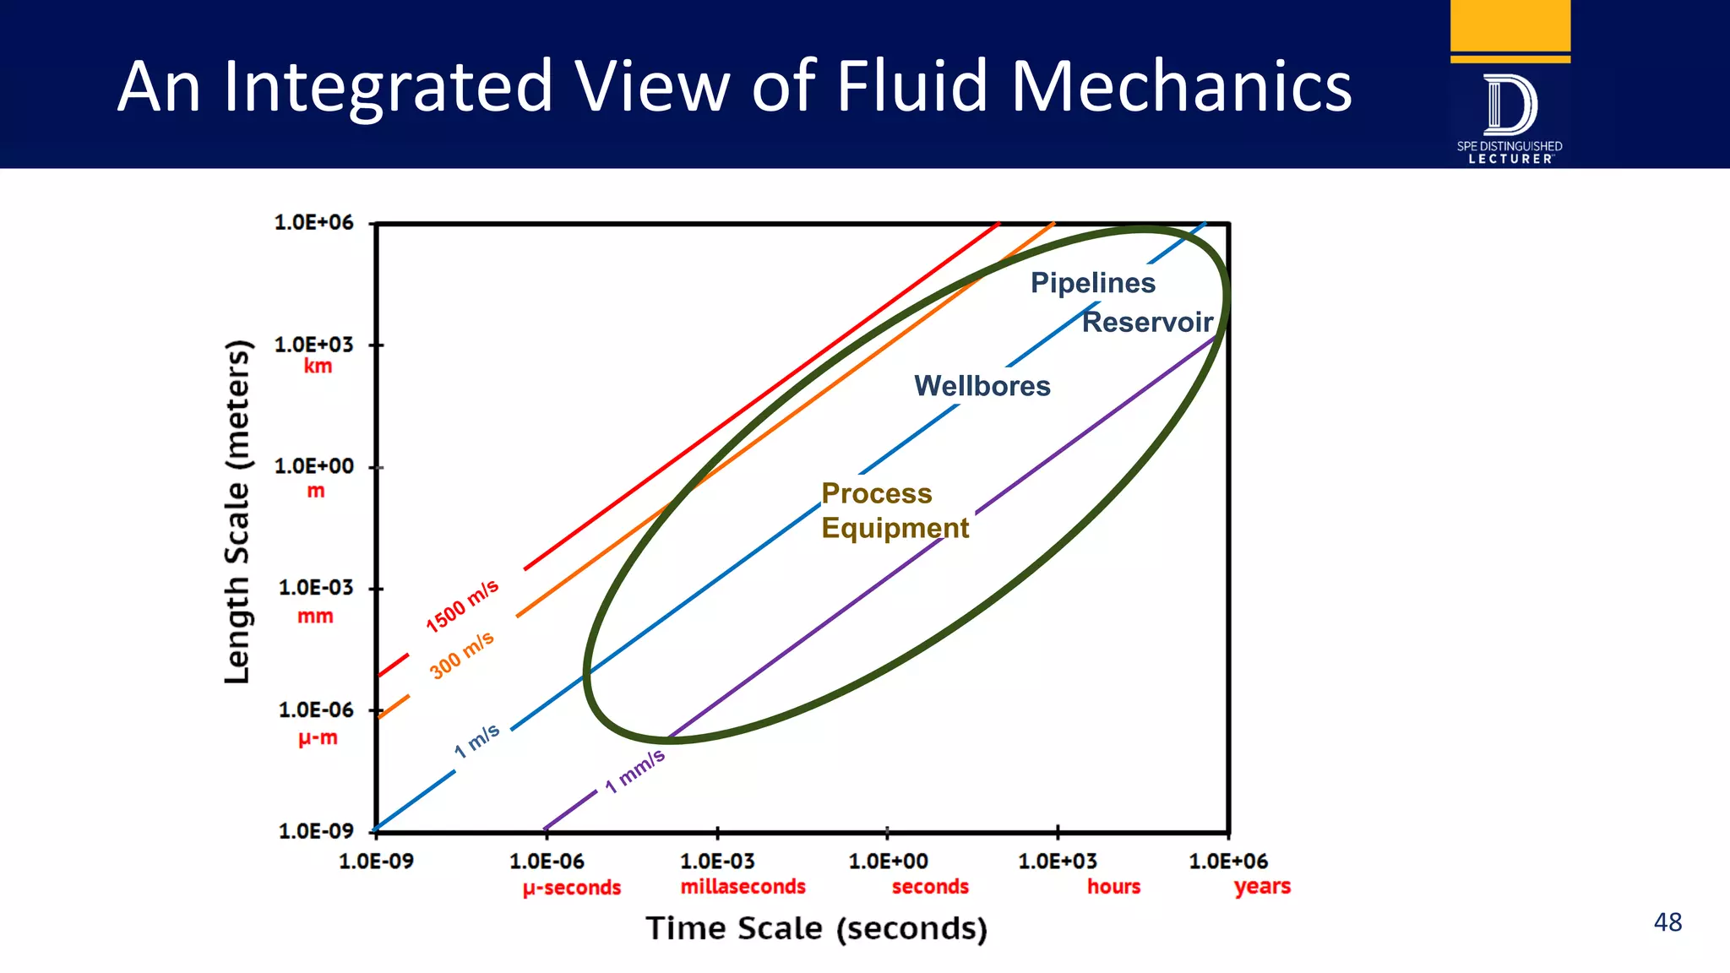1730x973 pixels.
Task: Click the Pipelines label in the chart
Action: pyautogui.click(x=1092, y=283)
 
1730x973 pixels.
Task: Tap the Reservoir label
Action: pyautogui.click(x=1147, y=322)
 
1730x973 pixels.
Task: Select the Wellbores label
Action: pyautogui.click(x=982, y=386)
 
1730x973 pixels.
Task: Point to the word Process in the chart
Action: pyautogui.click(x=877, y=493)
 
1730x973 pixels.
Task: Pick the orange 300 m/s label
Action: pyautogui.click(x=461, y=655)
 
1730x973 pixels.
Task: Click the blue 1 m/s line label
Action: pyautogui.click(x=477, y=741)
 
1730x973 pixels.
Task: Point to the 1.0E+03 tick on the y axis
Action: pyautogui.click(x=313, y=345)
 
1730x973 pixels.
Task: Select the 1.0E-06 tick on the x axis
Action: pyautogui.click(x=547, y=862)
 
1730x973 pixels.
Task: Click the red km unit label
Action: pyautogui.click(x=318, y=367)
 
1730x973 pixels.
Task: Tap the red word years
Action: pyautogui.click(x=1262, y=887)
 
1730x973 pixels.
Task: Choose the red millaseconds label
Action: pyautogui.click(x=743, y=887)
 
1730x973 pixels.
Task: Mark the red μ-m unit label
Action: pyautogui.click(x=318, y=738)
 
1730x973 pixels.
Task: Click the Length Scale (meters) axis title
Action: pyautogui.click(x=237, y=512)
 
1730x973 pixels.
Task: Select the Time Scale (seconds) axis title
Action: pyautogui.click(x=816, y=928)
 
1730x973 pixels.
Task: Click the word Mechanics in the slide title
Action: pyautogui.click(x=1181, y=86)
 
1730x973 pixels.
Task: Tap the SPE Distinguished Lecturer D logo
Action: pyautogui.click(x=1510, y=106)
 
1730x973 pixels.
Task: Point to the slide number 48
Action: pyautogui.click(x=1667, y=922)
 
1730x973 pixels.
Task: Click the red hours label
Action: pyautogui.click(x=1113, y=887)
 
